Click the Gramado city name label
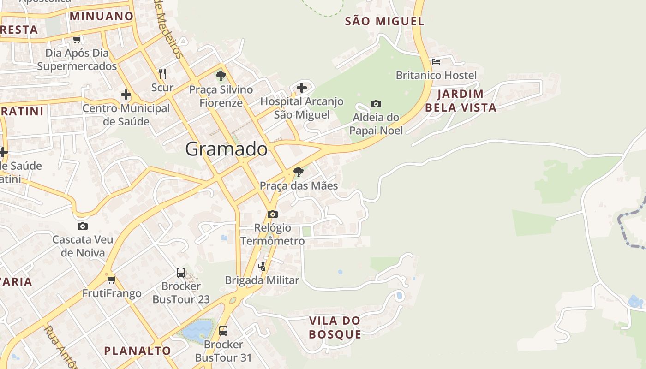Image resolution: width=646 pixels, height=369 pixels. click(x=226, y=149)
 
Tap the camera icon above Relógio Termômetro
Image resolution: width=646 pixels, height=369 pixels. click(x=273, y=214)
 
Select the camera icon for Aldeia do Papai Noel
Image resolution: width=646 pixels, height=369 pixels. click(x=376, y=104)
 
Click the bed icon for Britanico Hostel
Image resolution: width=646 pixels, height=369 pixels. click(x=436, y=61)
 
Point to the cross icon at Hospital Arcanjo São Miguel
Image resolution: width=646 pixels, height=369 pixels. click(x=302, y=87)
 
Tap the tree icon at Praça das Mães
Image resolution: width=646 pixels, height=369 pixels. click(x=299, y=172)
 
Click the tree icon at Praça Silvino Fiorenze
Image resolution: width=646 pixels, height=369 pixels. click(x=221, y=76)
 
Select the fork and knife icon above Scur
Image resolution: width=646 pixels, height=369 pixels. click(x=162, y=73)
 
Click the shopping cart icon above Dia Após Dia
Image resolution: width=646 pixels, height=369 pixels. click(x=77, y=39)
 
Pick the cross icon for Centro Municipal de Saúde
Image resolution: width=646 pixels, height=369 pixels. click(x=126, y=95)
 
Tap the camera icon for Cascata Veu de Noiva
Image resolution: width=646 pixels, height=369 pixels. click(x=83, y=226)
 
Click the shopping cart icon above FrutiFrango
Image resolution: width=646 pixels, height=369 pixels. click(x=111, y=280)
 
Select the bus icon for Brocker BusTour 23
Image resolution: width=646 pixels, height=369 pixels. click(x=181, y=272)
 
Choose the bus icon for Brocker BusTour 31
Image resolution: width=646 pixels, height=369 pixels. click(x=223, y=330)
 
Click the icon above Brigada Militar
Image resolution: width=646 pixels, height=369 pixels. click(x=262, y=266)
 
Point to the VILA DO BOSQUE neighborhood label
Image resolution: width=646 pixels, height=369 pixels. click(x=335, y=327)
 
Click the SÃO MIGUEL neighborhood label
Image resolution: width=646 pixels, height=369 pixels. click(x=384, y=21)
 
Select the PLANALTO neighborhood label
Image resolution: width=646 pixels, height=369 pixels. click(x=138, y=351)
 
